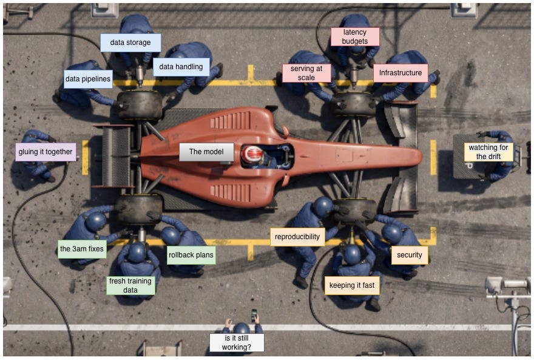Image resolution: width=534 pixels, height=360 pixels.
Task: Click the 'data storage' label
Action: click(130, 42)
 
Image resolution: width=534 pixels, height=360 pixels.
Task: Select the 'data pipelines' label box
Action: click(88, 79)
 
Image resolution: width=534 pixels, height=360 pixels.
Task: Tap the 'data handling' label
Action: click(181, 67)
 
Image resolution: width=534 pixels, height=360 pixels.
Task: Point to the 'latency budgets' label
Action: click(355, 37)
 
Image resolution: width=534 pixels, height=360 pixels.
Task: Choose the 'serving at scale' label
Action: click(306, 73)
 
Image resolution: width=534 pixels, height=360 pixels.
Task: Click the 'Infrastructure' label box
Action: click(400, 73)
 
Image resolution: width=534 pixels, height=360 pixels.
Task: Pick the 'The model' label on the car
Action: click(206, 152)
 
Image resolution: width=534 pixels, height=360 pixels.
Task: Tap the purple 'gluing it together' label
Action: click(46, 152)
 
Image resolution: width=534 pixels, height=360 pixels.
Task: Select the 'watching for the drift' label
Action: click(488, 152)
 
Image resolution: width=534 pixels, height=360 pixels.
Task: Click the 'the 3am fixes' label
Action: click(82, 249)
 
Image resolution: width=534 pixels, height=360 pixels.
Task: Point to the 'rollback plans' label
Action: click(191, 255)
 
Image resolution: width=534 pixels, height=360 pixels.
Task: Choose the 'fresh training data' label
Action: click(130, 285)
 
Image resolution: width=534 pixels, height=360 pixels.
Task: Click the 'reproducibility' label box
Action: click(297, 237)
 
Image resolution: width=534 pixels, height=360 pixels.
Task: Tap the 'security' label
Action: click(410, 255)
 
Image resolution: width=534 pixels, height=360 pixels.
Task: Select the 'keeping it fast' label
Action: click(352, 285)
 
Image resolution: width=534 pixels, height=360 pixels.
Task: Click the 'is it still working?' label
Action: click(237, 342)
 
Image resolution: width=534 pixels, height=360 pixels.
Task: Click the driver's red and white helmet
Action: click(252, 155)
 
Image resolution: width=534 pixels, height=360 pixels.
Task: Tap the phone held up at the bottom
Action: click(254, 315)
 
